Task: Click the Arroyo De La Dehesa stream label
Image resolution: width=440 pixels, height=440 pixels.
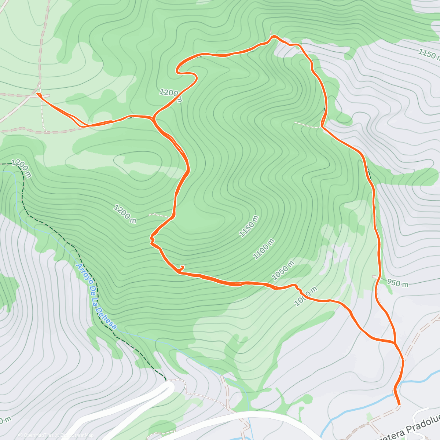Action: [96, 296]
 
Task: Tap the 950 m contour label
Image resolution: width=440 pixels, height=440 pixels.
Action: [397, 283]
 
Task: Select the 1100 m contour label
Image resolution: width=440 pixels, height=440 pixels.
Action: [264, 249]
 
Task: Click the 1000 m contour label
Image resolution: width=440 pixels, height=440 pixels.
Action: [305, 296]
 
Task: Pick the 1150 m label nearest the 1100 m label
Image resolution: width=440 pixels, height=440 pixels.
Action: [249, 227]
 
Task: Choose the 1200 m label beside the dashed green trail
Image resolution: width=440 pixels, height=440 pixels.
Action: [22, 168]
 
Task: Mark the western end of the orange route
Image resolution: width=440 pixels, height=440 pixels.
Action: [38, 95]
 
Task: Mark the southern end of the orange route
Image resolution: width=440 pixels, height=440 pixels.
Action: [399, 405]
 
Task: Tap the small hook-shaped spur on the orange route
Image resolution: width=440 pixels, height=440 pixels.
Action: [181, 268]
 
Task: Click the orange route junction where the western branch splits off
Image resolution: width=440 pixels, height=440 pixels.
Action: [153, 118]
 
